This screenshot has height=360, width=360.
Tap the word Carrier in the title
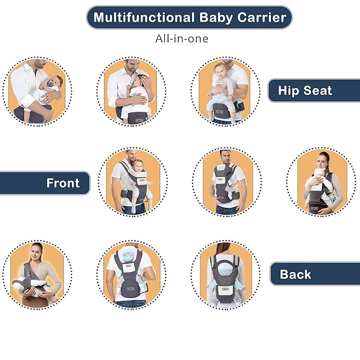pyautogui.click(x=262, y=17)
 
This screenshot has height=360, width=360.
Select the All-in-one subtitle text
pyautogui.click(x=182, y=39)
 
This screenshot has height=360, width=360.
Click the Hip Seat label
pyautogui.click(x=305, y=91)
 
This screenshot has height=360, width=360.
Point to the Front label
pyautogui.click(x=63, y=183)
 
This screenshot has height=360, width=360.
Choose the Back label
pyautogui.click(x=295, y=274)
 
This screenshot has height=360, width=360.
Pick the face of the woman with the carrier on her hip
pyautogui.click(x=322, y=162)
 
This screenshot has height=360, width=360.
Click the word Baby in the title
pyautogui.click(x=216, y=18)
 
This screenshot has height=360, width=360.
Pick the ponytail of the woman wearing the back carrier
pyautogui.click(x=223, y=249)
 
